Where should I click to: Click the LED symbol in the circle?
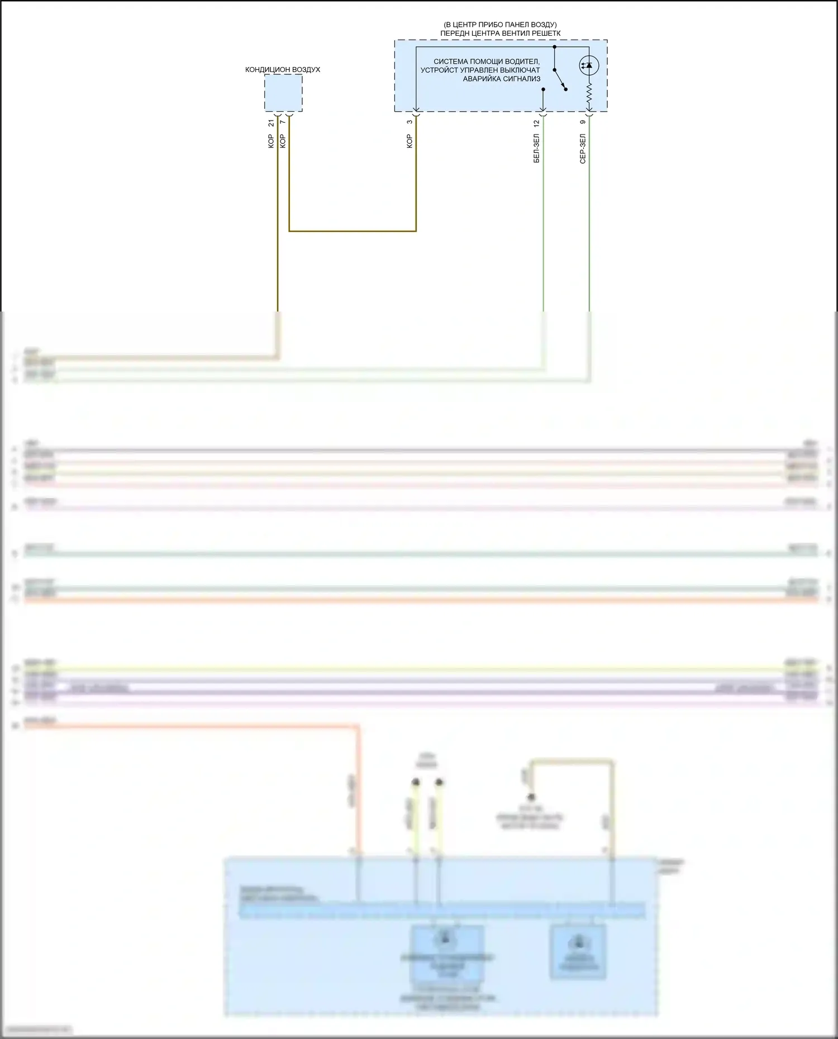pyautogui.click(x=588, y=65)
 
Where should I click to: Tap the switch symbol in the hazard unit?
pyautogui.click(x=560, y=79)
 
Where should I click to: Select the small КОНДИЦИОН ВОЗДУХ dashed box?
pyautogui.click(x=283, y=93)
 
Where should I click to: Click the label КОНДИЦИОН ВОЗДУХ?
pyautogui.click(x=283, y=70)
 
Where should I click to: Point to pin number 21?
pyautogui.click(x=271, y=123)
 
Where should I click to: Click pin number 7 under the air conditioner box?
pyautogui.click(x=283, y=122)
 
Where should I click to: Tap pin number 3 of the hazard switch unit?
pyautogui.click(x=410, y=122)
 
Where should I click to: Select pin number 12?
pyautogui.click(x=537, y=123)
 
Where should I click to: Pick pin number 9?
pyautogui.click(x=583, y=122)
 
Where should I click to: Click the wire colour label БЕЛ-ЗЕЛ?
pyautogui.click(x=537, y=148)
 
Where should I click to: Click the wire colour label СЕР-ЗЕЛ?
pyautogui.click(x=583, y=148)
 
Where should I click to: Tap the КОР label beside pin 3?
pyautogui.click(x=410, y=141)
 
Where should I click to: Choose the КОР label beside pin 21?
pyautogui.click(x=271, y=141)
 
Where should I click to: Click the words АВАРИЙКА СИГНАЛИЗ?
pyautogui.click(x=501, y=79)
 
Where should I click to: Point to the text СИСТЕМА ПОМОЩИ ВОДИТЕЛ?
pyautogui.click(x=486, y=61)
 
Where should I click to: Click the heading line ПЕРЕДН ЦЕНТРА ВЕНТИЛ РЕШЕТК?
pyautogui.click(x=500, y=33)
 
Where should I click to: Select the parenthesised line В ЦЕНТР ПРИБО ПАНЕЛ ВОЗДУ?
pyautogui.click(x=500, y=25)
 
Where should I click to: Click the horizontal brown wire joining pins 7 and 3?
pyautogui.click(x=352, y=231)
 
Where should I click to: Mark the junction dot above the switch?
pyautogui.click(x=554, y=47)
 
